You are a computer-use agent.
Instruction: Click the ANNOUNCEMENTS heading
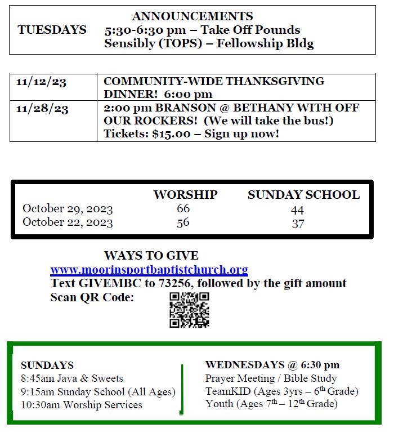click(192, 16)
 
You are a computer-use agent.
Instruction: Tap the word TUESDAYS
click(52, 30)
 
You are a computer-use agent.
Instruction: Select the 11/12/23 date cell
click(41, 82)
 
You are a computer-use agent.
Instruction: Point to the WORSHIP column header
click(185, 195)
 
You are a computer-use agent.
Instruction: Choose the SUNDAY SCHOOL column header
click(303, 195)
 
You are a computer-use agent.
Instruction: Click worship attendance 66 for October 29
click(183, 208)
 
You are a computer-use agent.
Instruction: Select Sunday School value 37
click(298, 223)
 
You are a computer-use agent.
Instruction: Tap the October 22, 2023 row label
click(68, 222)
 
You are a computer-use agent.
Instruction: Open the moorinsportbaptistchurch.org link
click(149, 270)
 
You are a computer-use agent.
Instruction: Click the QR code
click(189, 310)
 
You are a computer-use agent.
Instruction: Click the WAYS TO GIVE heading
click(151, 256)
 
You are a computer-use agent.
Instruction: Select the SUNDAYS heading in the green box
click(47, 365)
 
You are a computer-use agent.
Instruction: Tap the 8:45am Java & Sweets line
click(72, 378)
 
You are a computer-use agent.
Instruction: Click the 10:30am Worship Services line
click(82, 405)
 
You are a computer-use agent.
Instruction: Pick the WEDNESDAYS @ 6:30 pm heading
click(272, 365)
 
